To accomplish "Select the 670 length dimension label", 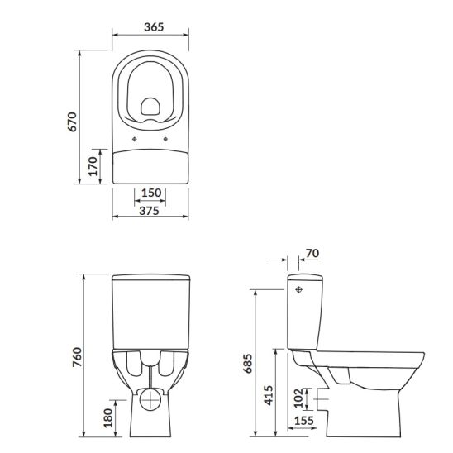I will [x=72, y=122].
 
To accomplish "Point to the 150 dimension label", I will [x=150, y=192].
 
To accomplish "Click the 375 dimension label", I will [x=150, y=212].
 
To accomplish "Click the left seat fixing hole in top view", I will [x=134, y=139].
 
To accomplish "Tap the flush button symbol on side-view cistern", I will [x=298, y=292].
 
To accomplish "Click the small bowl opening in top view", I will [x=150, y=107].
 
